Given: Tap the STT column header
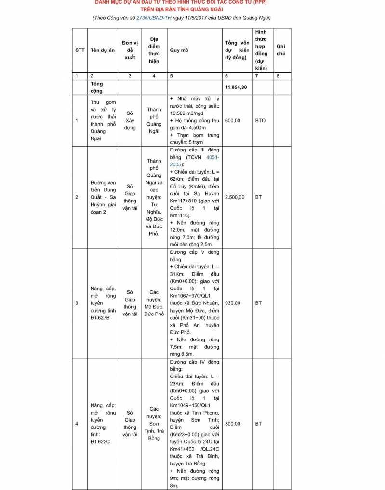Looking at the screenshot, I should [80, 50].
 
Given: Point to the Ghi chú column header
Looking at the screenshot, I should [280, 50].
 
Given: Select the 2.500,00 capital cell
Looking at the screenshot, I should [235, 197].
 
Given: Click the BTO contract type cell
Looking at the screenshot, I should [260, 120].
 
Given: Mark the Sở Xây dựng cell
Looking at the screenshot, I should [130, 120].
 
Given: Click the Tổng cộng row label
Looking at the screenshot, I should [96, 87].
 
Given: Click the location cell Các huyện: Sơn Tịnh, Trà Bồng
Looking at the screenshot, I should [154, 424].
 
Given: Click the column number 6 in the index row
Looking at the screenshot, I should [226, 76].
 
